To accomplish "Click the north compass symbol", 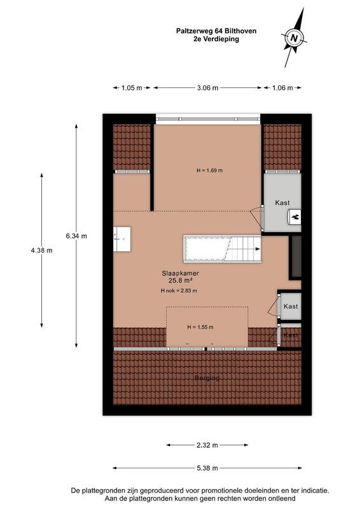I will tap(294, 38).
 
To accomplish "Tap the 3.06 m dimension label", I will tap(207, 88).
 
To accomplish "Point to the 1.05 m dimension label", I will tap(132, 88).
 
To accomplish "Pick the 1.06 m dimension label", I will tap(282, 88).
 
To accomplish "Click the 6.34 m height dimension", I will tap(76, 235).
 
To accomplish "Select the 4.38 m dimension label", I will tap(41, 250).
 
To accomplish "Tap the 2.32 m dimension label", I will tap(207, 445).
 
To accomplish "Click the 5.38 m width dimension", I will tap(207, 468).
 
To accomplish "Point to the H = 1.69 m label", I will tap(209, 171).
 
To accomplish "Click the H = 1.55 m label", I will tap(200, 327).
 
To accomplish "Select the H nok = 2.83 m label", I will tap(179, 291).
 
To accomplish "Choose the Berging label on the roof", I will tap(207, 378).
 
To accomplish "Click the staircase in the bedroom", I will tap(223, 249).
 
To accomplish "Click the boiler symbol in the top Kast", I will tap(296, 218).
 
